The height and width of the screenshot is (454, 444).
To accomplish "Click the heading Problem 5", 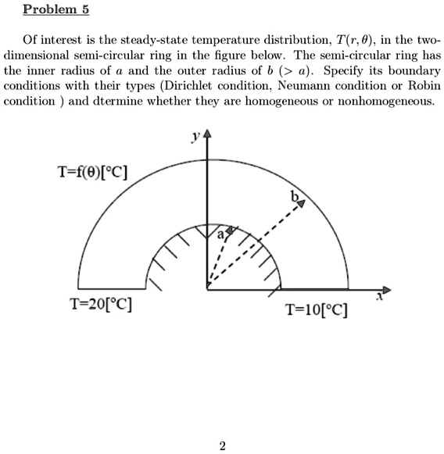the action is click(x=56, y=10).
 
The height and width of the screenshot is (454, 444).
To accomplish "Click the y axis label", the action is click(x=192, y=138).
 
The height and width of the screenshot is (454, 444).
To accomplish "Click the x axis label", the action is click(x=381, y=296).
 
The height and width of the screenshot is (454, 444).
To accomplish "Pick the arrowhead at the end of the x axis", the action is click(x=385, y=288).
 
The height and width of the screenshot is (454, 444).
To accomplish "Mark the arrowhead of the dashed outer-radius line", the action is click(x=299, y=205).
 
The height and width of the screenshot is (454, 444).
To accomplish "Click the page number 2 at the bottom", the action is click(x=223, y=446).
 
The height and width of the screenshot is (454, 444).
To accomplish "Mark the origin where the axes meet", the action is click(x=207, y=289).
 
